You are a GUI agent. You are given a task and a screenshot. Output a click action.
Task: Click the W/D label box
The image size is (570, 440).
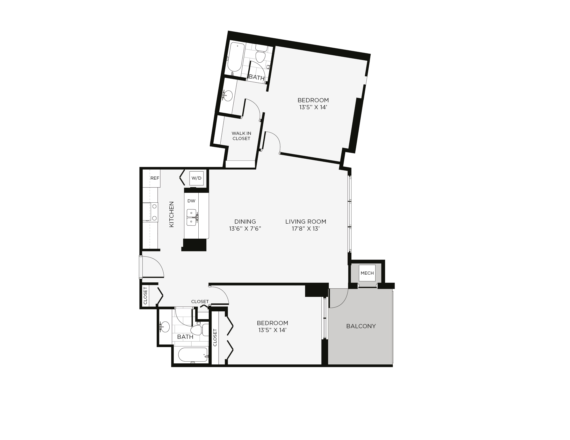pyautogui.click(x=196, y=178)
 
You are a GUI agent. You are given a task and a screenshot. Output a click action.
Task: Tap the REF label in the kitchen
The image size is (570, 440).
pyautogui.click(x=155, y=178)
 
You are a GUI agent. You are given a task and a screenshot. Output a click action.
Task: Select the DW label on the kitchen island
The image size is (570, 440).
pyautogui.click(x=191, y=201)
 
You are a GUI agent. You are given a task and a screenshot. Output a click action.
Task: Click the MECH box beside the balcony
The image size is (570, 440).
pyautogui.click(x=367, y=273)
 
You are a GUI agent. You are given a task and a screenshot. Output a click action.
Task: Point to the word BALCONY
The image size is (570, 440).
pyautogui.click(x=361, y=326)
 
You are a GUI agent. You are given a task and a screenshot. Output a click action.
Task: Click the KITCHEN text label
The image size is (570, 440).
pyautogui.click(x=171, y=214)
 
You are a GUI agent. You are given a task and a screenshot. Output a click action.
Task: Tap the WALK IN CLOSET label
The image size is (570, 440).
pyautogui.click(x=241, y=136)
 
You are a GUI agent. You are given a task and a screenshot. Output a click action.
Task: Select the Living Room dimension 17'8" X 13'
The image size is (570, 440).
pyautogui.click(x=306, y=229)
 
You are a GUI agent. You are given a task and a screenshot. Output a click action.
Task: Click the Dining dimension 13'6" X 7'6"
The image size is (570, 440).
pyautogui.click(x=245, y=229)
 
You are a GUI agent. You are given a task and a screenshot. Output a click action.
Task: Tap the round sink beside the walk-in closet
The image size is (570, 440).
pyautogui.click(x=228, y=96)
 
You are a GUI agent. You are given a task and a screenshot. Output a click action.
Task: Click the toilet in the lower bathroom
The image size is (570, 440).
pyautogui.click(x=200, y=330)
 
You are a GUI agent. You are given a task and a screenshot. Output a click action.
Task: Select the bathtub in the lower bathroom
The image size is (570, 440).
pyautogui.click(x=193, y=355)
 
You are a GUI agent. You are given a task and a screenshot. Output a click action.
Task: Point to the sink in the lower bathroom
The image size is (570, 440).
pyautogui.click(x=164, y=327)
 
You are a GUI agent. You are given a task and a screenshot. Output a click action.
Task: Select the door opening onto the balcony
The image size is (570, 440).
pyautogui.click(x=339, y=298)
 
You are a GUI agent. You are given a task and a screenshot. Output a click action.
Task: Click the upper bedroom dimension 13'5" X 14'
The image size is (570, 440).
pyautogui.click(x=313, y=107)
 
